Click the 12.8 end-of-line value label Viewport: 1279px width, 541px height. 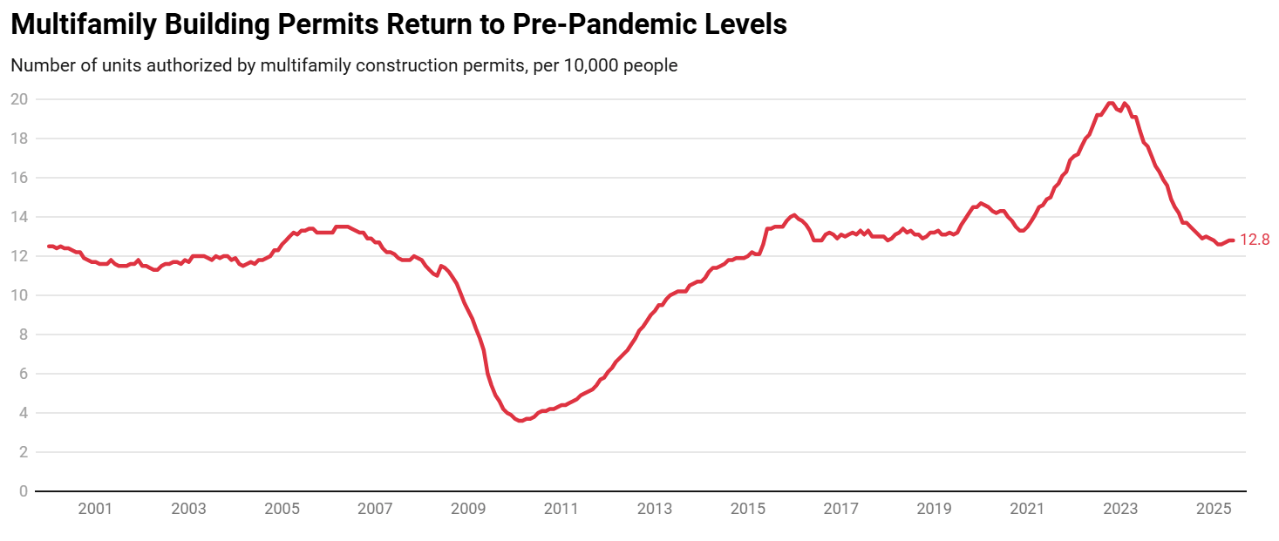pos(1255,240)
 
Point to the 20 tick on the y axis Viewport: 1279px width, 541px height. pos(19,99)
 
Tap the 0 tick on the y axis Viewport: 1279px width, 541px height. pos(23,491)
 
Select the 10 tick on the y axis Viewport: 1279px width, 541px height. pos(19,295)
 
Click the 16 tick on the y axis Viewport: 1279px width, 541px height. pos(19,178)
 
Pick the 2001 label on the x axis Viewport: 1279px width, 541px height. pos(95,509)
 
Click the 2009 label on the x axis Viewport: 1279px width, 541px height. pos(468,509)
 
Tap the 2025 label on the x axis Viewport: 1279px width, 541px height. pos(1214,509)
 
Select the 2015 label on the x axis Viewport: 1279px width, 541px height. pos(748,509)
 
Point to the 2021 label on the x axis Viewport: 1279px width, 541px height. pos(1027,509)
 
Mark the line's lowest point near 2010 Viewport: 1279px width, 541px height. pos(520,421)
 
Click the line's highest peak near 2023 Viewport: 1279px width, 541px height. pos(1110,103)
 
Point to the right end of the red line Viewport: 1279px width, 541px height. pos(1233,240)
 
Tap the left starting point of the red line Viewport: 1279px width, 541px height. pos(49,246)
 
